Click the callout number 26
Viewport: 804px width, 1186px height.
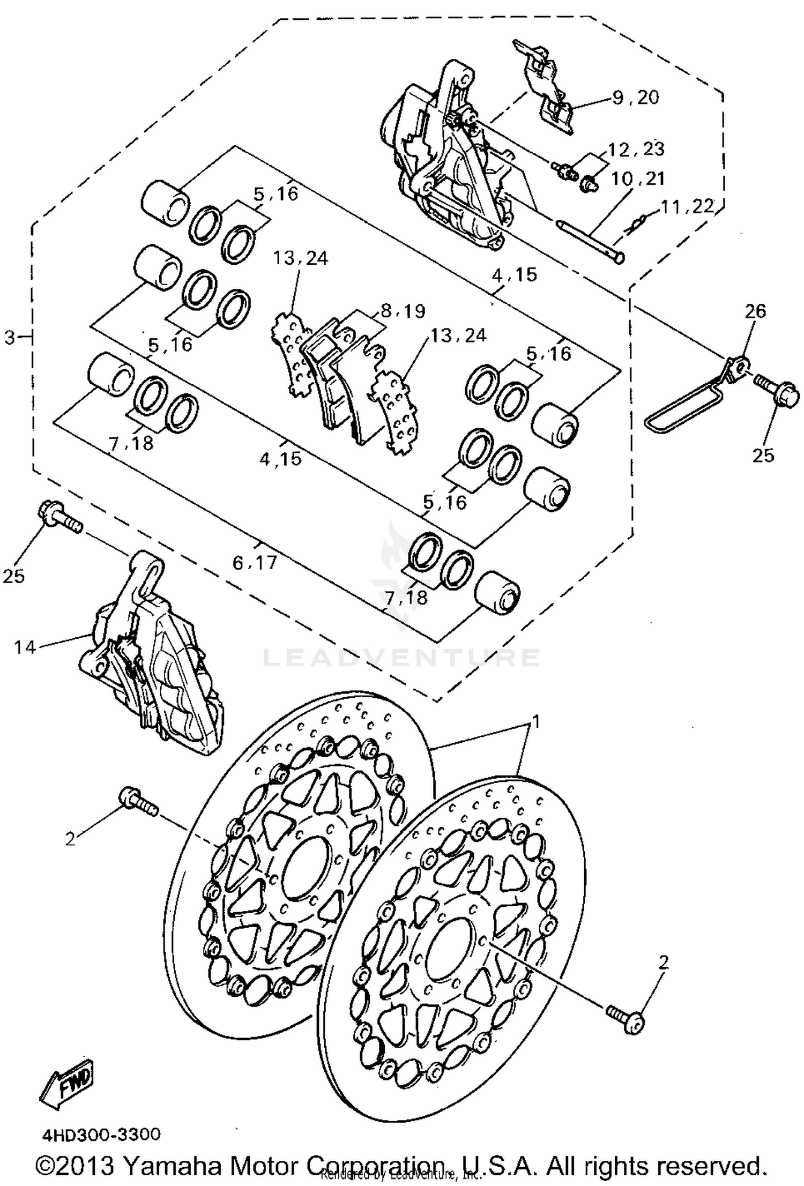tap(756, 311)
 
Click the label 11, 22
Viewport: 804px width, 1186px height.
tap(688, 206)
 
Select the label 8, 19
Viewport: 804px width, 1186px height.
tap(403, 311)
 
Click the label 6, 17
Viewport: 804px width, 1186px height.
tap(255, 562)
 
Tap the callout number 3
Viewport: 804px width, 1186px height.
tap(10, 338)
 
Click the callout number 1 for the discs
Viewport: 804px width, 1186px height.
tap(535, 722)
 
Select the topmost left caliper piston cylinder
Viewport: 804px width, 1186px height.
tap(165, 202)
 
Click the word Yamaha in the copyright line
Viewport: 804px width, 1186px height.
tap(175, 1164)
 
